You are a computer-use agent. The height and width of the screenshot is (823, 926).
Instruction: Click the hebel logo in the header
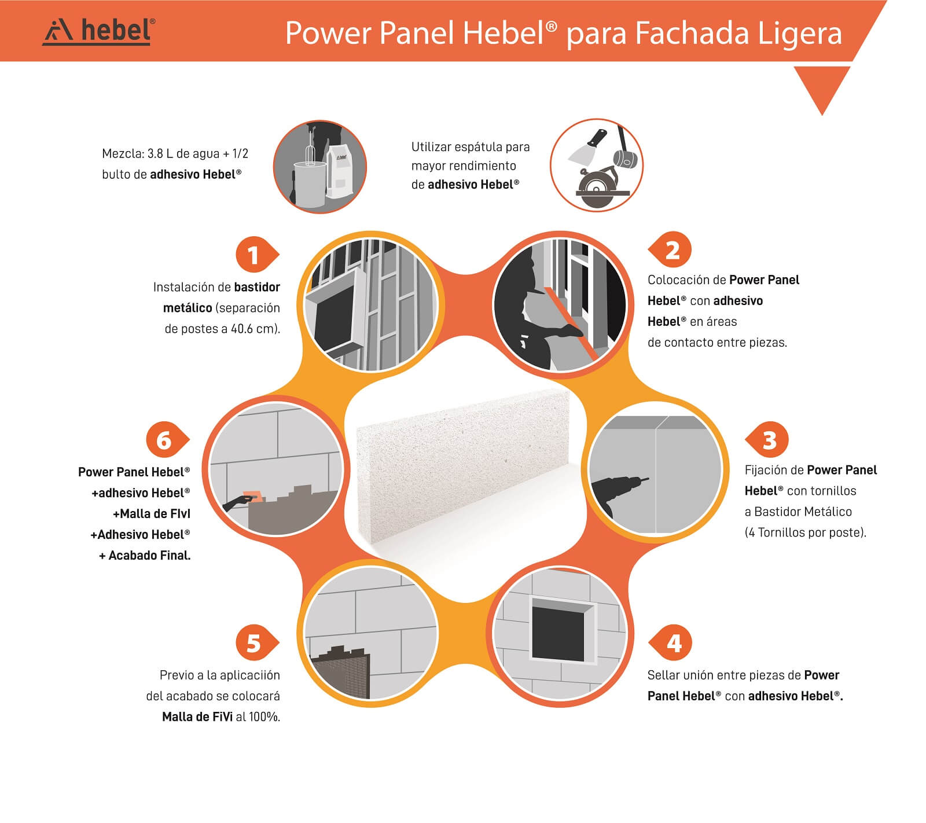tap(99, 31)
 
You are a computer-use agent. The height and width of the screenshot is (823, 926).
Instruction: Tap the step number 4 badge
tap(670, 643)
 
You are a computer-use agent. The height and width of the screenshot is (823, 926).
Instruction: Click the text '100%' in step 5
tap(264, 717)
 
